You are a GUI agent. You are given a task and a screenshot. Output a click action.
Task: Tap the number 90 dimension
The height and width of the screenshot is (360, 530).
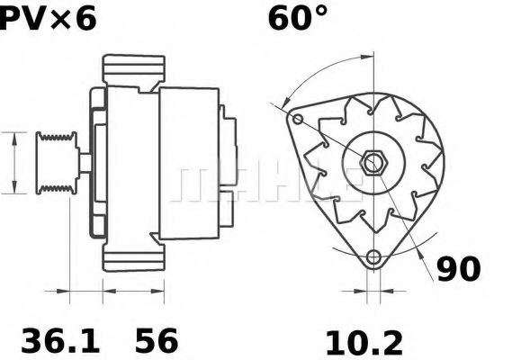pos(459,268)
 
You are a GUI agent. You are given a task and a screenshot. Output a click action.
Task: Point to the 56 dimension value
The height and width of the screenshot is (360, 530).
pos(157,341)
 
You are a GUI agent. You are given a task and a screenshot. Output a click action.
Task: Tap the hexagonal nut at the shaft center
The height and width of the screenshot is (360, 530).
pos(373,163)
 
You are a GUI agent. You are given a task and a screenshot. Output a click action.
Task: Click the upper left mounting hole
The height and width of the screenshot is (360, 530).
pos(298,120)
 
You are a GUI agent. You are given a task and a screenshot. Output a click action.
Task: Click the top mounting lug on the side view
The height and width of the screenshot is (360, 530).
pos(134,68)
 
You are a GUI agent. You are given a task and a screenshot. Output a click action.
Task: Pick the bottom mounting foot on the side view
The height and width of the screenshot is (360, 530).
pos(134,257)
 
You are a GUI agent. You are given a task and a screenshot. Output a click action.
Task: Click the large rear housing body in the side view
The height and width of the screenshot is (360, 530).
pos(189,162)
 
